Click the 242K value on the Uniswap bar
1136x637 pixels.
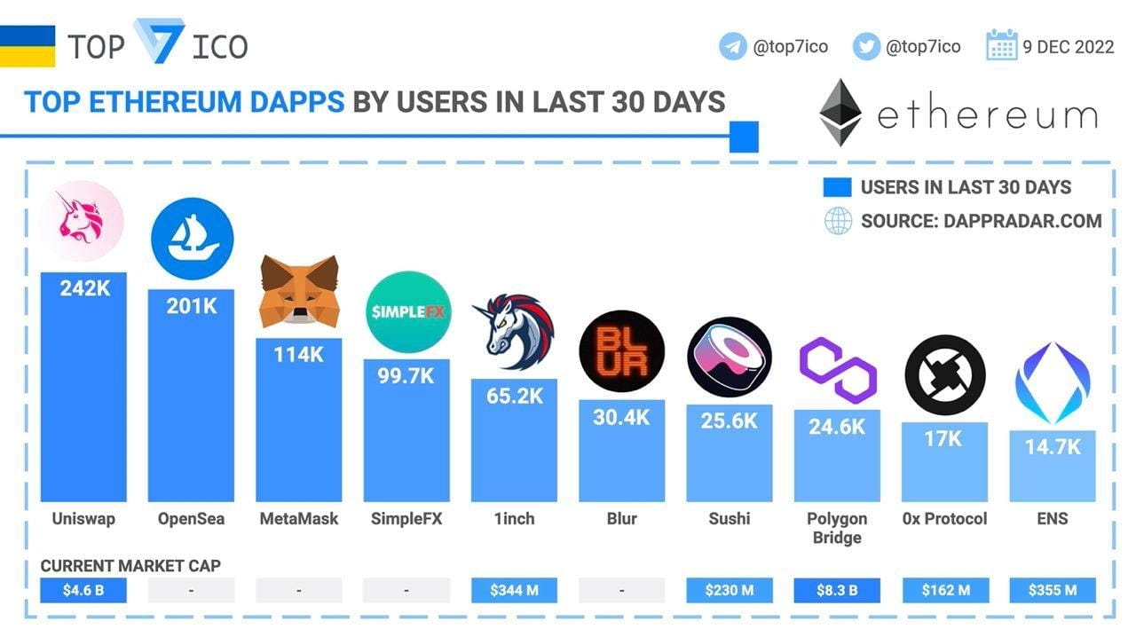(84, 288)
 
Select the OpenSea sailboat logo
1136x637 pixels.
(192, 239)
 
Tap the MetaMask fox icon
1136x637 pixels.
(299, 291)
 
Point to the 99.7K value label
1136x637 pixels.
(407, 375)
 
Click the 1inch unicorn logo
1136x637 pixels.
(514, 331)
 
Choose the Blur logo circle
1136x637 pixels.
(621, 351)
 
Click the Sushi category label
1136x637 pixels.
(730, 519)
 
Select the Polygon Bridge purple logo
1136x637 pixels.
(837, 369)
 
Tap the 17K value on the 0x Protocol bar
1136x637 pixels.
(944, 438)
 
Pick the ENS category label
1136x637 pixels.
(1053, 519)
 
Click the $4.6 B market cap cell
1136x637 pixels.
(84, 590)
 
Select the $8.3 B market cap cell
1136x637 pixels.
(837, 590)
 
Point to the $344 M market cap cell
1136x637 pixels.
(514, 590)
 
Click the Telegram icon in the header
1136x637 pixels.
(733, 46)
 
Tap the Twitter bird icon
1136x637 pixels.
(866, 46)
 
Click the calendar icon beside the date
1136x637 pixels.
(1001, 45)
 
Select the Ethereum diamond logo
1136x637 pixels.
(840, 113)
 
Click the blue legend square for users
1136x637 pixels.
(837, 187)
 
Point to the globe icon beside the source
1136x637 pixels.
(838, 221)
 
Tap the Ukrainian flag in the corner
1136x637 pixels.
(28, 46)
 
